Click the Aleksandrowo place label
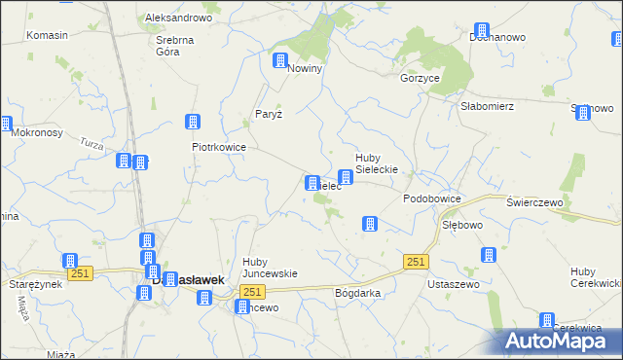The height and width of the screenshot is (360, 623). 178,18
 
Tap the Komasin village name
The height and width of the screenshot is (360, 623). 47,35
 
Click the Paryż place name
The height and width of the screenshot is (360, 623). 269,114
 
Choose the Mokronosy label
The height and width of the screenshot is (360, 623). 40,131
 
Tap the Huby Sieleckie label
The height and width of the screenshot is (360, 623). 380,163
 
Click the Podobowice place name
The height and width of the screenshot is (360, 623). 431,198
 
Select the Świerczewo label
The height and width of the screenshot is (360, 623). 536,201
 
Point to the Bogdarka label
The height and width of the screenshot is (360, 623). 357,292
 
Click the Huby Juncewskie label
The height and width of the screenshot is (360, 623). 270,267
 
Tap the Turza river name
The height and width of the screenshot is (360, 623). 93,144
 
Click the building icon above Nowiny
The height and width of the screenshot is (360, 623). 280,60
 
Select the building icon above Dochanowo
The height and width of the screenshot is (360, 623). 481,30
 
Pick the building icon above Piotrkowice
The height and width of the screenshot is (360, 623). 193,122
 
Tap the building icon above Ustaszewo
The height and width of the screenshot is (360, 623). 488,256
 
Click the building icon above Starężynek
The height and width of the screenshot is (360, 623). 70,261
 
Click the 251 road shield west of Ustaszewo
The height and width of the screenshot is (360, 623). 416,262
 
